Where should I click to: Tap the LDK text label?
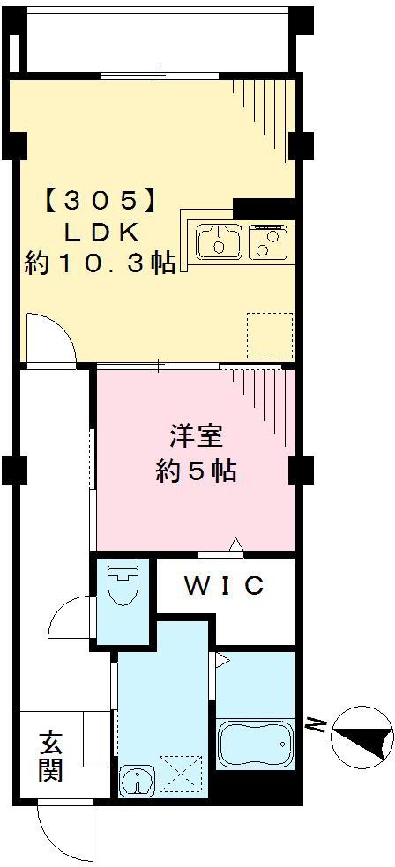pyautogui.click(x=100, y=232)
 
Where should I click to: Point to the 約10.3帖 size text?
pyautogui.click(x=100, y=263)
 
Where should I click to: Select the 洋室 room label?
pyautogui.click(x=196, y=438)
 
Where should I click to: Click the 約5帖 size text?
pyautogui.click(x=196, y=471)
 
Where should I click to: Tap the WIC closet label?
pyautogui.click(x=224, y=585)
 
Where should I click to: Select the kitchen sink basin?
pyautogui.click(x=219, y=241)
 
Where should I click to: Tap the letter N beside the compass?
pyautogui.click(x=314, y=726)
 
